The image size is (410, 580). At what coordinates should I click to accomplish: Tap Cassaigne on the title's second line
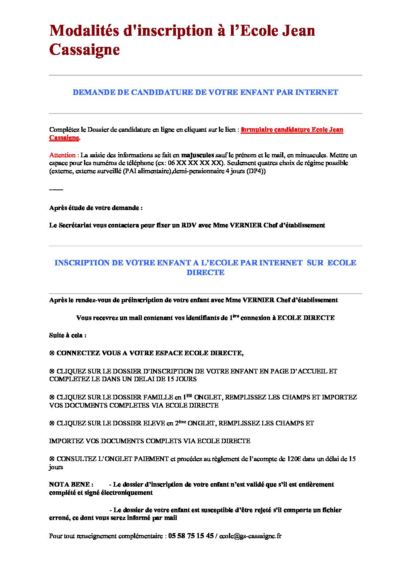[x=84, y=50]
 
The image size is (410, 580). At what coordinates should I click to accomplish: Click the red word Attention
[x=63, y=155]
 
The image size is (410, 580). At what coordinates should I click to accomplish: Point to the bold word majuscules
[x=197, y=155]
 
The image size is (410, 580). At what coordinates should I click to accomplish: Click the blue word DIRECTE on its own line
[x=205, y=273]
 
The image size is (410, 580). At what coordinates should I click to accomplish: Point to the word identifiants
[x=201, y=318]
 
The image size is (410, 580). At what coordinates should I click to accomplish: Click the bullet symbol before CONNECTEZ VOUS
[x=52, y=353]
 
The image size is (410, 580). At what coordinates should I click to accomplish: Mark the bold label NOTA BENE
[x=71, y=485]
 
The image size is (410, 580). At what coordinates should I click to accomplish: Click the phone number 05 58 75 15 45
[x=191, y=536]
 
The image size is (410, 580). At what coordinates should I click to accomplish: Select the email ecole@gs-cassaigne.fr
[x=250, y=536]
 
